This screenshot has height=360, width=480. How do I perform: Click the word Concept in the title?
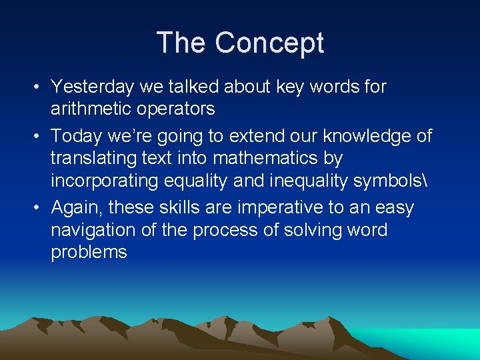pos(269,43)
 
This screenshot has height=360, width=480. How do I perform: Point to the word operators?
pos(177,109)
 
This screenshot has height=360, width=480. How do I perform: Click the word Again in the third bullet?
pos(74,209)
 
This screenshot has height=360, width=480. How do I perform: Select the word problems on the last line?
pos(89,253)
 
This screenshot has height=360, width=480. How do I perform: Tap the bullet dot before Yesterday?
pos(41,87)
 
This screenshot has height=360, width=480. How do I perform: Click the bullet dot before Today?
pos(41,137)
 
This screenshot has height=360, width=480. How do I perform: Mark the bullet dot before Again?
pos(41,209)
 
